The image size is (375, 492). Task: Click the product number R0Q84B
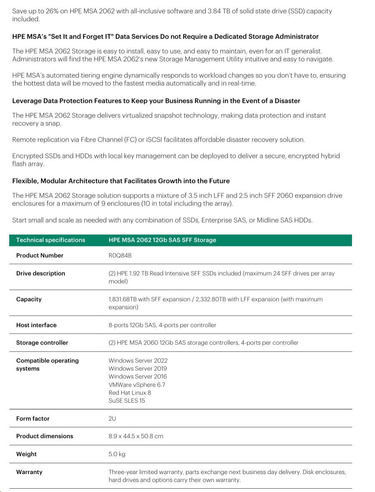point(120,256)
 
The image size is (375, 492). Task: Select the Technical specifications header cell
point(51,240)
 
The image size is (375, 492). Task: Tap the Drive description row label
point(41,274)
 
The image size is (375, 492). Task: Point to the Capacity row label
point(29,299)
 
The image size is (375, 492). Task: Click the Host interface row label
point(36,325)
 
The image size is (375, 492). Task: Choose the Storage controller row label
point(42,343)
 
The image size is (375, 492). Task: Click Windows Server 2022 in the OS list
point(138,360)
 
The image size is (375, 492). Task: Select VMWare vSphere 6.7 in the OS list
point(137,385)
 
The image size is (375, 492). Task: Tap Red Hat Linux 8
point(130,393)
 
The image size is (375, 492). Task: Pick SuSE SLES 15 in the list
point(127,401)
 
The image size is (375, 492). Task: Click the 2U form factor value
point(112,419)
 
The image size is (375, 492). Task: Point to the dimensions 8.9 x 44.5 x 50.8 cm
point(136,436)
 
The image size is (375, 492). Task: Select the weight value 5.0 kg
point(117,454)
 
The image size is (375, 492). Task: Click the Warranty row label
point(29,472)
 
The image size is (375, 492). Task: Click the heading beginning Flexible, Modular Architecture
point(121,181)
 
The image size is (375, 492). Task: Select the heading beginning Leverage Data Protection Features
point(156,101)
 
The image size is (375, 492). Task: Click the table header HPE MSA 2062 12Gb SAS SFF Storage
point(162,240)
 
